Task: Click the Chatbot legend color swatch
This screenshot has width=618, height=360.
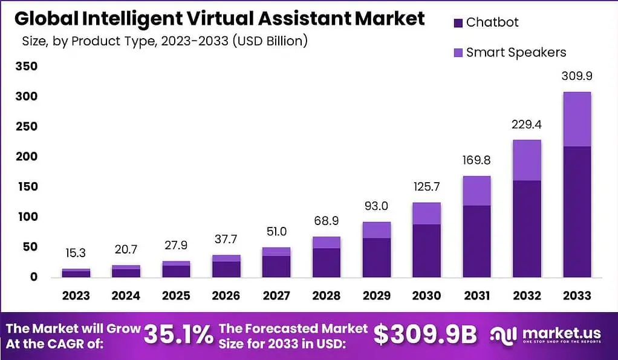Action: click(458, 23)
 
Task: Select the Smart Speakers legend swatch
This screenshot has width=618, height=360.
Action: click(458, 53)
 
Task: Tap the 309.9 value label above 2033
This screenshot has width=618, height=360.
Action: click(576, 77)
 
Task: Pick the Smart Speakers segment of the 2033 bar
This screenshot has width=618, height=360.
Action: click(576, 119)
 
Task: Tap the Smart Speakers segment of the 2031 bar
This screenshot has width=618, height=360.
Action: click(477, 191)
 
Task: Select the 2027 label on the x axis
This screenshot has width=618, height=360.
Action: click(276, 295)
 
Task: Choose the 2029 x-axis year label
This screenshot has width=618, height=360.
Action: click(377, 295)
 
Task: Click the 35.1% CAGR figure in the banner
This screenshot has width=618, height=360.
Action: click(178, 334)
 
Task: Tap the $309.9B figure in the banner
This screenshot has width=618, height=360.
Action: click(424, 334)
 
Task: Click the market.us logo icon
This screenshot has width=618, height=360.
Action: click(504, 335)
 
